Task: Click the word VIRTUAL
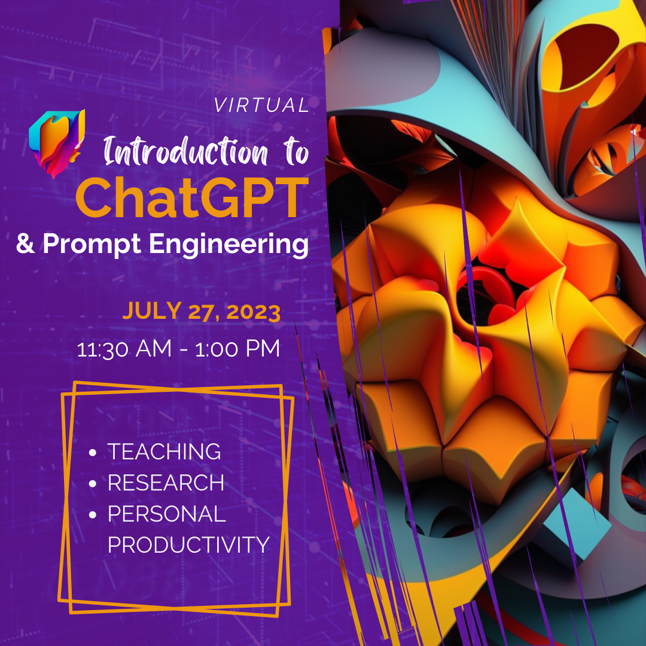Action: pos(261,105)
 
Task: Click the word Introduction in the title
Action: pos(186,151)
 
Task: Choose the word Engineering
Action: pos(228,245)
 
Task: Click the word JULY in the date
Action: pos(152,310)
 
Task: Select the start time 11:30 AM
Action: pos(124,349)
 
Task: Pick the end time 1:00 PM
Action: pos(237,349)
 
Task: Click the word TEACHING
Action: pos(164,452)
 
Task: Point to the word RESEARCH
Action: pos(166,483)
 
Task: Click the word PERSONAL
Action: pos(167,514)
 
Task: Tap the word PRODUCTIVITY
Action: pos(188,545)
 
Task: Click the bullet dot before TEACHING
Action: pos(93,453)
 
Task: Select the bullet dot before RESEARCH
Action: pos(93,484)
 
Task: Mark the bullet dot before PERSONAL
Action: pos(93,515)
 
